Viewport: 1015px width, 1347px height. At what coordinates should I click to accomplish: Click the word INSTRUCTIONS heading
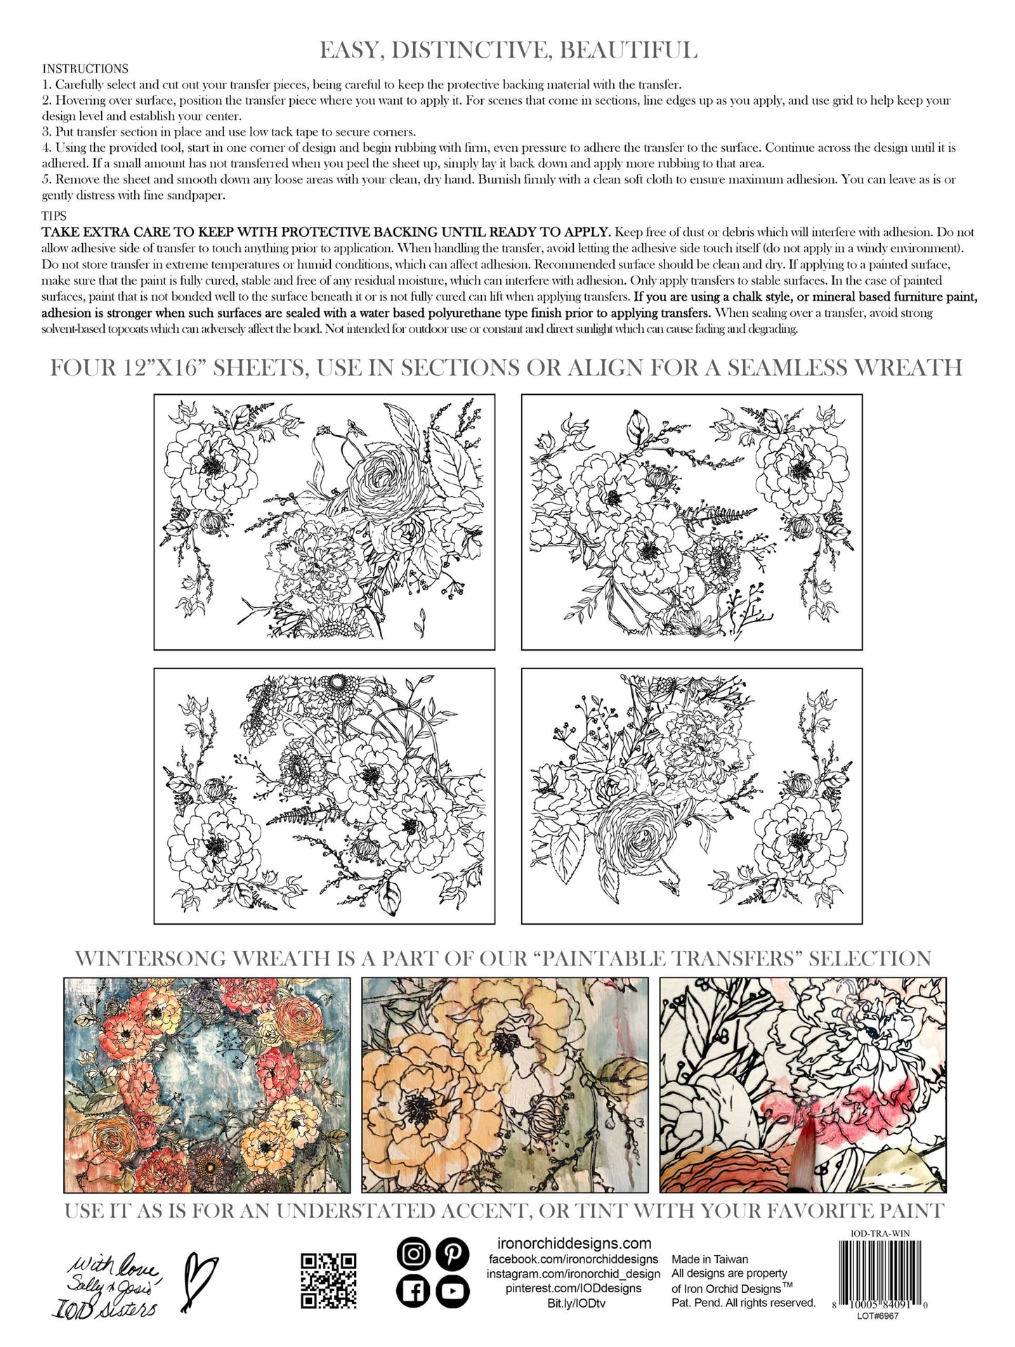coord(85,69)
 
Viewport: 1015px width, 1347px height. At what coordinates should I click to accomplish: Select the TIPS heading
coord(54,216)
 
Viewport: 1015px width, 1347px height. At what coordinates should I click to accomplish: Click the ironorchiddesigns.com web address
coord(570,1244)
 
